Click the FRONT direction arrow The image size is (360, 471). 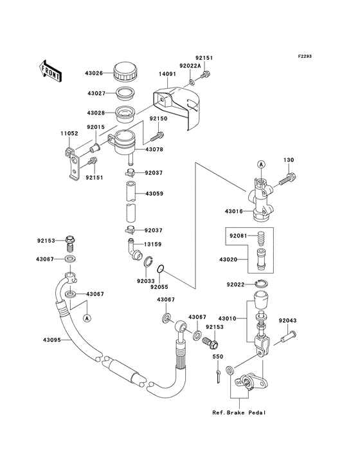click(x=50, y=71)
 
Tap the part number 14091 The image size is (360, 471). click(x=166, y=74)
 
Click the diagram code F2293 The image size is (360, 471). click(x=305, y=56)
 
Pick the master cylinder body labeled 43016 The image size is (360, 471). click(x=260, y=199)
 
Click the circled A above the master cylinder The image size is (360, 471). click(x=261, y=164)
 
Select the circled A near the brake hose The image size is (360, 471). click(x=87, y=318)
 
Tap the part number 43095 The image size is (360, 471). click(x=51, y=340)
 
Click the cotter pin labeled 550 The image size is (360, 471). click(x=218, y=376)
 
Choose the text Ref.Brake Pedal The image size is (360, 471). click(x=239, y=412)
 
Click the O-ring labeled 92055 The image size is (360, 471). click(x=161, y=268)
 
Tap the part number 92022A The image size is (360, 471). click(x=190, y=66)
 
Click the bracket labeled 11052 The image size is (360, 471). click(x=73, y=163)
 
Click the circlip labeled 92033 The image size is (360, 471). click(x=147, y=262)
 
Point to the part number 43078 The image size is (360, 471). click(x=154, y=149)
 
